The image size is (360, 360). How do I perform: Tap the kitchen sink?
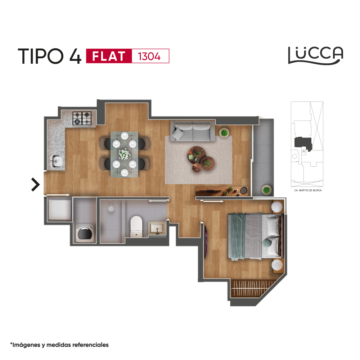tap(56, 161)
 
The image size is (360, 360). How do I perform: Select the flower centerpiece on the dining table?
tap(125, 154)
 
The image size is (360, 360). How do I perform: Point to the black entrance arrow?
tap(36, 184)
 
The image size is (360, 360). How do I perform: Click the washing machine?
tap(85, 233)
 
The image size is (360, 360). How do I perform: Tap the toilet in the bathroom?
tap(136, 226)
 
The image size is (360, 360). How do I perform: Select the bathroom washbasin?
tap(157, 228)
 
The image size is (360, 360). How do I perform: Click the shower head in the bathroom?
tap(111, 208)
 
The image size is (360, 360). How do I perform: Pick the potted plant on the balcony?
tap(266, 190)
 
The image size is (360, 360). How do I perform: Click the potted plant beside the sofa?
tap(224, 133)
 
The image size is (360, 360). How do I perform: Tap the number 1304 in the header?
tap(149, 57)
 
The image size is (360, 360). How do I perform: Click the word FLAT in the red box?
tap(109, 56)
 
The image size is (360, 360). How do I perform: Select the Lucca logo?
tap(316, 55)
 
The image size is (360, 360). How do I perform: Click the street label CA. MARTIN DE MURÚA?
tap(308, 190)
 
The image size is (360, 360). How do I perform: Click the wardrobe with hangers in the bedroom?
tap(253, 288)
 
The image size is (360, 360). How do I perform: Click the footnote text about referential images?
tap(59, 345)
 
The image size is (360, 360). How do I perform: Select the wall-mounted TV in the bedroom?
tap(206, 242)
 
